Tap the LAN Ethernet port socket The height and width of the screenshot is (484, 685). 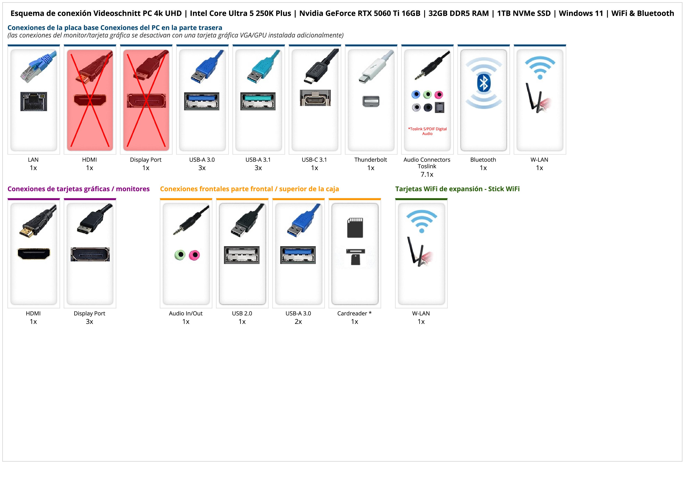tap(34, 101)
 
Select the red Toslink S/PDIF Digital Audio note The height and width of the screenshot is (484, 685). tap(427, 131)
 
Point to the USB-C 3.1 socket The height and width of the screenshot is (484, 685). tap(315, 98)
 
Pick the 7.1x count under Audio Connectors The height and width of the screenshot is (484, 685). tap(427, 175)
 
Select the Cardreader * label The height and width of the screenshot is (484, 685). tap(354, 313)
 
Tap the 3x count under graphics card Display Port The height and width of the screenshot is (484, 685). tap(89, 322)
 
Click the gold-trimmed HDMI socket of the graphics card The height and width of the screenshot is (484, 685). tap(34, 254)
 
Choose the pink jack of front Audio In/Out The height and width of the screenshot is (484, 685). tap(194, 255)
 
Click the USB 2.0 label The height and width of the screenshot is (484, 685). tap(242, 313)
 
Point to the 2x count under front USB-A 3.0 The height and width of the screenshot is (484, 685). tap(298, 322)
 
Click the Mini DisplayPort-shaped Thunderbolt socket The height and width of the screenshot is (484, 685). tap(371, 101)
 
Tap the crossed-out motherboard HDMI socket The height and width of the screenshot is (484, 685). tap(90, 100)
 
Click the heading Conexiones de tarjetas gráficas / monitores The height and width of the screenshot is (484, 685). tap(78, 189)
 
